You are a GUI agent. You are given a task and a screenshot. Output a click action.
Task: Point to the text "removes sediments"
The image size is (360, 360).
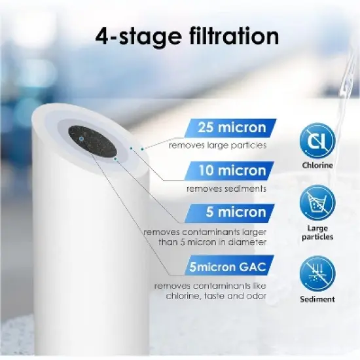(x=226, y=189)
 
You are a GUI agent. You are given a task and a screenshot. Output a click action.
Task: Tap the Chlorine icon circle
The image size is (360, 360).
(x=317, y=142)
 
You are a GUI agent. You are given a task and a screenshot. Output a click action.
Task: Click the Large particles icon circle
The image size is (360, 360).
(x=317, y=204)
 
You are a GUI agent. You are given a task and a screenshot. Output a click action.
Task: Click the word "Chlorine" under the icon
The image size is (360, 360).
(x=317, y=166)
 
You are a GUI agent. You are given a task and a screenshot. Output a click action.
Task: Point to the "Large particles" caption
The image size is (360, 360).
(x=317, y=232)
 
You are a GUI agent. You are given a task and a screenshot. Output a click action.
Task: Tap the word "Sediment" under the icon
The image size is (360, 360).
(x=317, y=299)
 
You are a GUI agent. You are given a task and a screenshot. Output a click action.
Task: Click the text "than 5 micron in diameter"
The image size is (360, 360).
(x=205, y=242)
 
